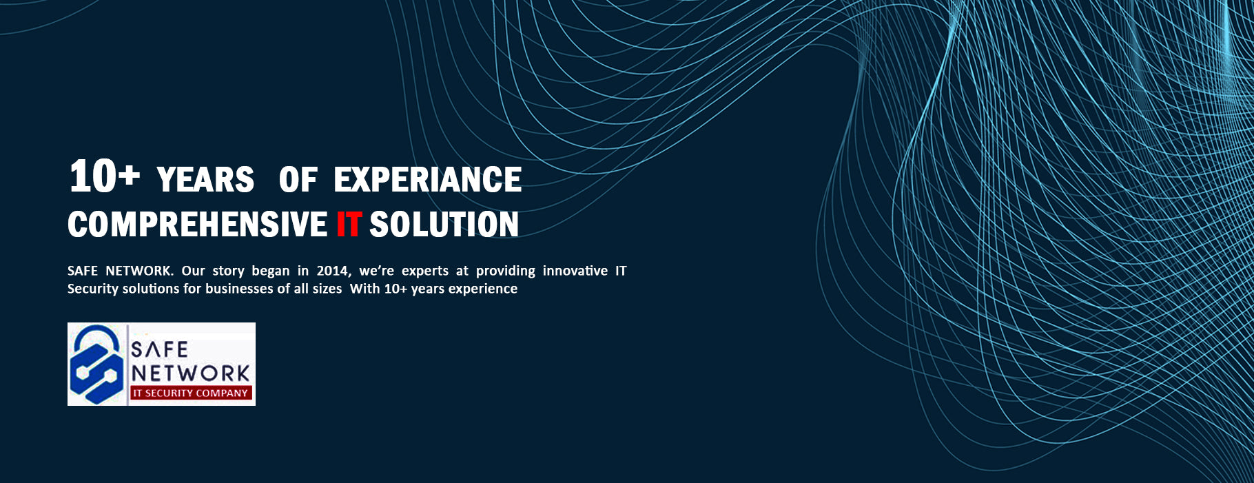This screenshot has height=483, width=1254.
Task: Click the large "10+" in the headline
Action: (104, 176)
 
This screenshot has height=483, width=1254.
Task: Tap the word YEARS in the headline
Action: (205, 180)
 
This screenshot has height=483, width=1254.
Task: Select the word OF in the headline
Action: (298, 180)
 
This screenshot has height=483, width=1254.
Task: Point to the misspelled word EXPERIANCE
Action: (427, 180)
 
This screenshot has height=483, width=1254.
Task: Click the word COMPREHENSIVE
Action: (197, 225)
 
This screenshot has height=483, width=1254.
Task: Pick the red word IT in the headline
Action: (348, 225)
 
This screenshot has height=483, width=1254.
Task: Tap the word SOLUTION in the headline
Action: (444, 225)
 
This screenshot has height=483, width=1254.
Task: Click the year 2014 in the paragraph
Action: (333, 271)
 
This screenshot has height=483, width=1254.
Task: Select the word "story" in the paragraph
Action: (228, 271)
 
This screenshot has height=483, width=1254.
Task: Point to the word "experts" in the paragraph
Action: (425, 271)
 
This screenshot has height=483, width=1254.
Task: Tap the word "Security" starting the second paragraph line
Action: (93, 289)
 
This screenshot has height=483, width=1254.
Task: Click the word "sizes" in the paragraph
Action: (327, 289)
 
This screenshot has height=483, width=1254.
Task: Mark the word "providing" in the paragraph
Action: (506, 271)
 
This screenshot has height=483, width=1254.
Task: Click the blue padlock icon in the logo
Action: (96, 364)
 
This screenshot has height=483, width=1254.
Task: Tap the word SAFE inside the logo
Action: (159, 350)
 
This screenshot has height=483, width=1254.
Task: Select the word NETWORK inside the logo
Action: (191, 373)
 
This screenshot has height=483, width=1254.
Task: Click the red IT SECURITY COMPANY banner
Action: (191, 393)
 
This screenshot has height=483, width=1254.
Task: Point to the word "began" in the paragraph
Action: (271, 271)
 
